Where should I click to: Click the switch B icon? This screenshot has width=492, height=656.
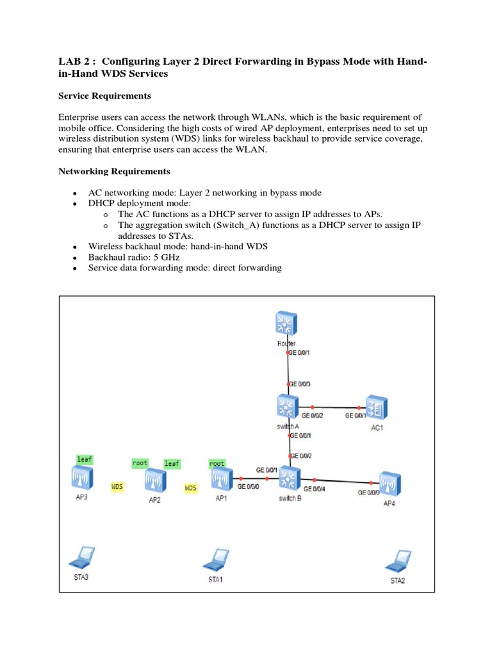[291, 478]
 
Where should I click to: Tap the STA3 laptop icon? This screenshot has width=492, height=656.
[81, 559]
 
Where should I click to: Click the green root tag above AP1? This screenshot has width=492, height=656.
[217, 463]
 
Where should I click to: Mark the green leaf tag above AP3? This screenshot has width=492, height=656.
[85, 459]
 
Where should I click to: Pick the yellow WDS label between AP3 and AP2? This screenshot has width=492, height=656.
[117, 487]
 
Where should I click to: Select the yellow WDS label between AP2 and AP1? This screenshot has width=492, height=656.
[191, 488]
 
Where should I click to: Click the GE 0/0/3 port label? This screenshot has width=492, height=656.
[300, 384]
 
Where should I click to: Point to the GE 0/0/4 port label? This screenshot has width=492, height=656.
[315, 489]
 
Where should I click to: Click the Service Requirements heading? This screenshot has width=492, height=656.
[104, 95]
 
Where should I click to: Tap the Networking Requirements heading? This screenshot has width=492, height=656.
[114, 171]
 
